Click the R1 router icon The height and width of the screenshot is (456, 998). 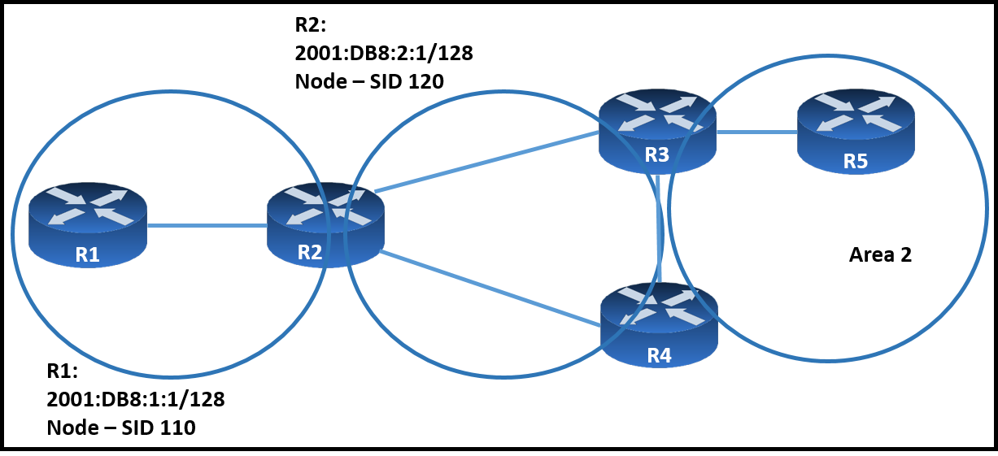(x=88, y=225)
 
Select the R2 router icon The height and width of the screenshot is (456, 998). (x=325, y=225)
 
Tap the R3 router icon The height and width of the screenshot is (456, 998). (x=658, y=132)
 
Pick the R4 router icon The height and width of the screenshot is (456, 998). (x=660, y=325)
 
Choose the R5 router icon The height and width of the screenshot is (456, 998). (x=856, y=132)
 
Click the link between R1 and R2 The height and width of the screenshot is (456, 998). (x=207, y=225)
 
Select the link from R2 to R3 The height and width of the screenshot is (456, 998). (x=486, y=162)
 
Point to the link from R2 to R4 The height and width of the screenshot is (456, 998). (x=490, y=289)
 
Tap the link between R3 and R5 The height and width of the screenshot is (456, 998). (x=756, y=132)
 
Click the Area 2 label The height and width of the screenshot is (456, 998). (x=880, y=254)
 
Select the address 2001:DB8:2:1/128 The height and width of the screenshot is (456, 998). (x=384, y=53)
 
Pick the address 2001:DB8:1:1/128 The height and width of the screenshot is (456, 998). (x=136, y=399)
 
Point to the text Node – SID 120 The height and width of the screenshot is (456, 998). (x=369, y=81)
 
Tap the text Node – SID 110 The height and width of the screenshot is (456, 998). (x=121, y=428)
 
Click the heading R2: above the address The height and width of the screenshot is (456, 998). (x=311, y=25)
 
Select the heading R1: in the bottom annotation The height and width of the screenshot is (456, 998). (x=63, y=371)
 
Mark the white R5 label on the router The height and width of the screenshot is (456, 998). (x=856, y=161)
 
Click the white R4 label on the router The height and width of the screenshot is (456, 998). (x=660, y=355)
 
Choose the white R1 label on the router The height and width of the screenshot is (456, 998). (x=88, y=254)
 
